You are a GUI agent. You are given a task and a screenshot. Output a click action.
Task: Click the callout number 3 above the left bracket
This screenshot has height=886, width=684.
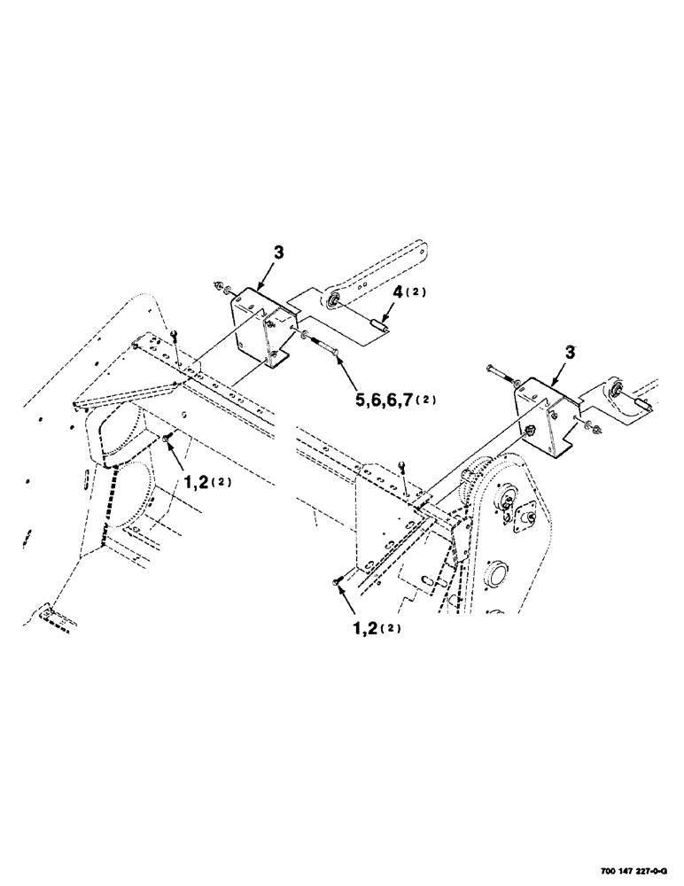point(279,253)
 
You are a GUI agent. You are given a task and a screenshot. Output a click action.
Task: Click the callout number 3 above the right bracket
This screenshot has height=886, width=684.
point(571,352)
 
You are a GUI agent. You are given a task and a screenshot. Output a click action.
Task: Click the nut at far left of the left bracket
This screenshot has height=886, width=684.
point(219,284)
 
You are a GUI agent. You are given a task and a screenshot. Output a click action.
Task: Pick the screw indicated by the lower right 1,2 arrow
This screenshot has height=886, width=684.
point(336,580)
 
